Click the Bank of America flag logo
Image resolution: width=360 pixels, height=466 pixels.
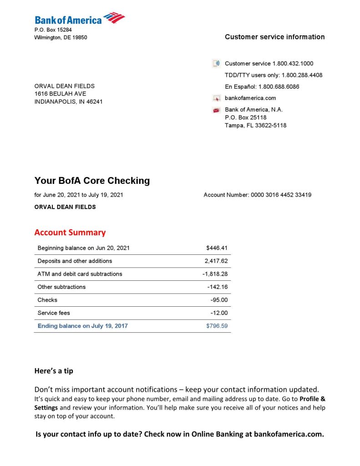pyautogui.click(x=114, y=18)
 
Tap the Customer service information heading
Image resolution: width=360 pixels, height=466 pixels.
pyautogui.click(x=274, y=37)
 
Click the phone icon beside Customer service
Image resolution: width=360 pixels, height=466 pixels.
pyautogui.click(x=217, y=64)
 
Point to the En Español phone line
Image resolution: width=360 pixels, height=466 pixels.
pyautogui.click(x=262, y=86)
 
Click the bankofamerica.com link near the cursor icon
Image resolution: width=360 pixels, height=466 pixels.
pyautogui.click(x=250, y=98)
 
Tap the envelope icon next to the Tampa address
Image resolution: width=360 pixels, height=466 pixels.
pyautogui.click(x=217, y=110)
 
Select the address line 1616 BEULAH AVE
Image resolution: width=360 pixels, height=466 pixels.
pyautogui.click(x=60, y=94)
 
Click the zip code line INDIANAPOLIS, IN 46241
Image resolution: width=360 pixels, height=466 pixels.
pyautogui.click(x=68, y=101)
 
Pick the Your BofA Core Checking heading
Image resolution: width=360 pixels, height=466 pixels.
pyautogui.click(x=92, y=181)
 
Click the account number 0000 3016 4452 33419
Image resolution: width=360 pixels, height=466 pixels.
pyautogui.click(x=281, y=195)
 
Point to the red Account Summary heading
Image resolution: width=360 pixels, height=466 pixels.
pyautogui.click(x=70, y=233)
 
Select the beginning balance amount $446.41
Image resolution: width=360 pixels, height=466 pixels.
pyautogui.click(x=217, y=248)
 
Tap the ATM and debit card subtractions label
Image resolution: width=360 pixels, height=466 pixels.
pyautogui.click(x=80, y=274)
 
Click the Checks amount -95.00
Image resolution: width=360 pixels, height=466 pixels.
pyautogui.click(x=219, y=300)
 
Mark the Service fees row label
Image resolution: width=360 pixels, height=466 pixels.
pyautogui.click(x=54, y=313)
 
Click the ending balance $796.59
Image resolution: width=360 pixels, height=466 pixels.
pyautogui.click(x=217, y=326)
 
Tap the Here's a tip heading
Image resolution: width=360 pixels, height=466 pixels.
pyautogui.click(x=54, y=371)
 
